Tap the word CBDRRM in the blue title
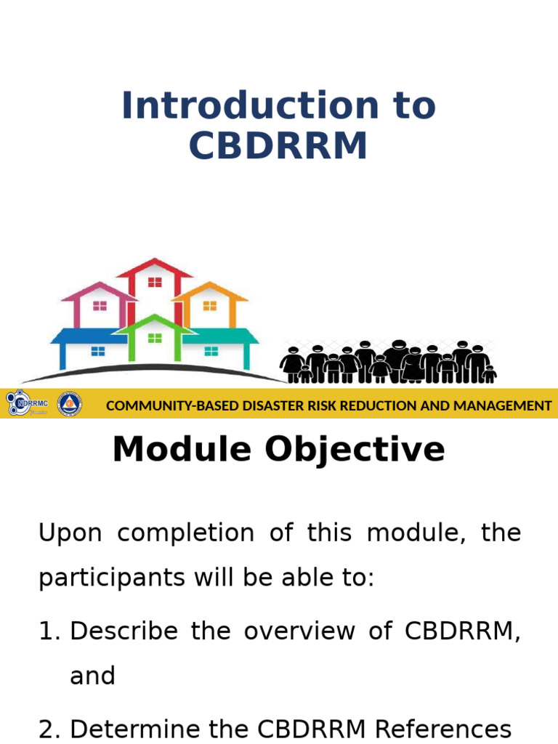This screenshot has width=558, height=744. tap(278, 146)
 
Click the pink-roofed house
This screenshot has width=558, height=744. tap(99, 305)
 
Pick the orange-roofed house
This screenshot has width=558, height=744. tap(210, 305)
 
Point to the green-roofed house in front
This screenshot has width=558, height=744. tap(155, 338)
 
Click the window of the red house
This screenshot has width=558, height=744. tap(155, 283)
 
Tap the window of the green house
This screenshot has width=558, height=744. tap(155, 338)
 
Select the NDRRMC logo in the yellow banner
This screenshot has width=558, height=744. tap(27, 403)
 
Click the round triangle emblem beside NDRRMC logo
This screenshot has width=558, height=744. tap(70, 404)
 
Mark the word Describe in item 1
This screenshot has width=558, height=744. tap(124, 631)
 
